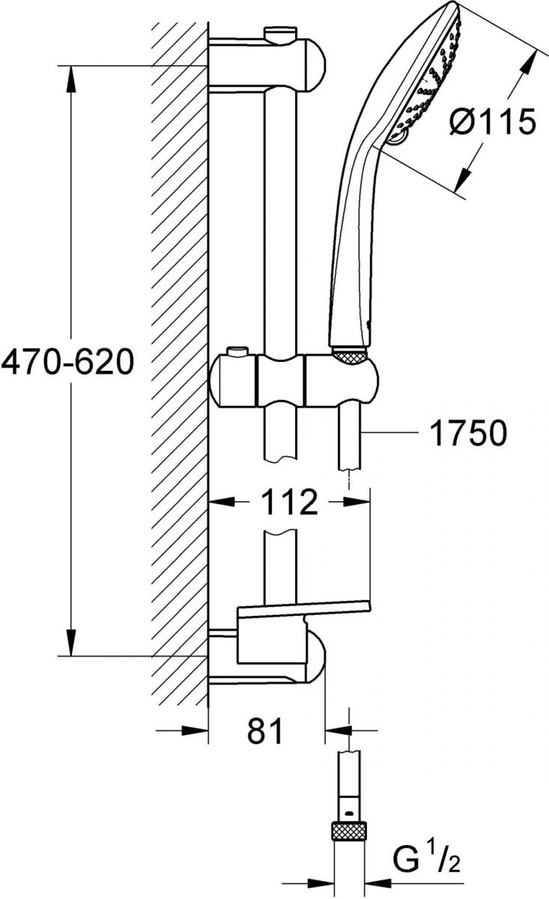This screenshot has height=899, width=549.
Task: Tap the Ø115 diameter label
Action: pos(492,121)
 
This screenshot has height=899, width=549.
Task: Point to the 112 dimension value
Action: pos(289,502)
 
